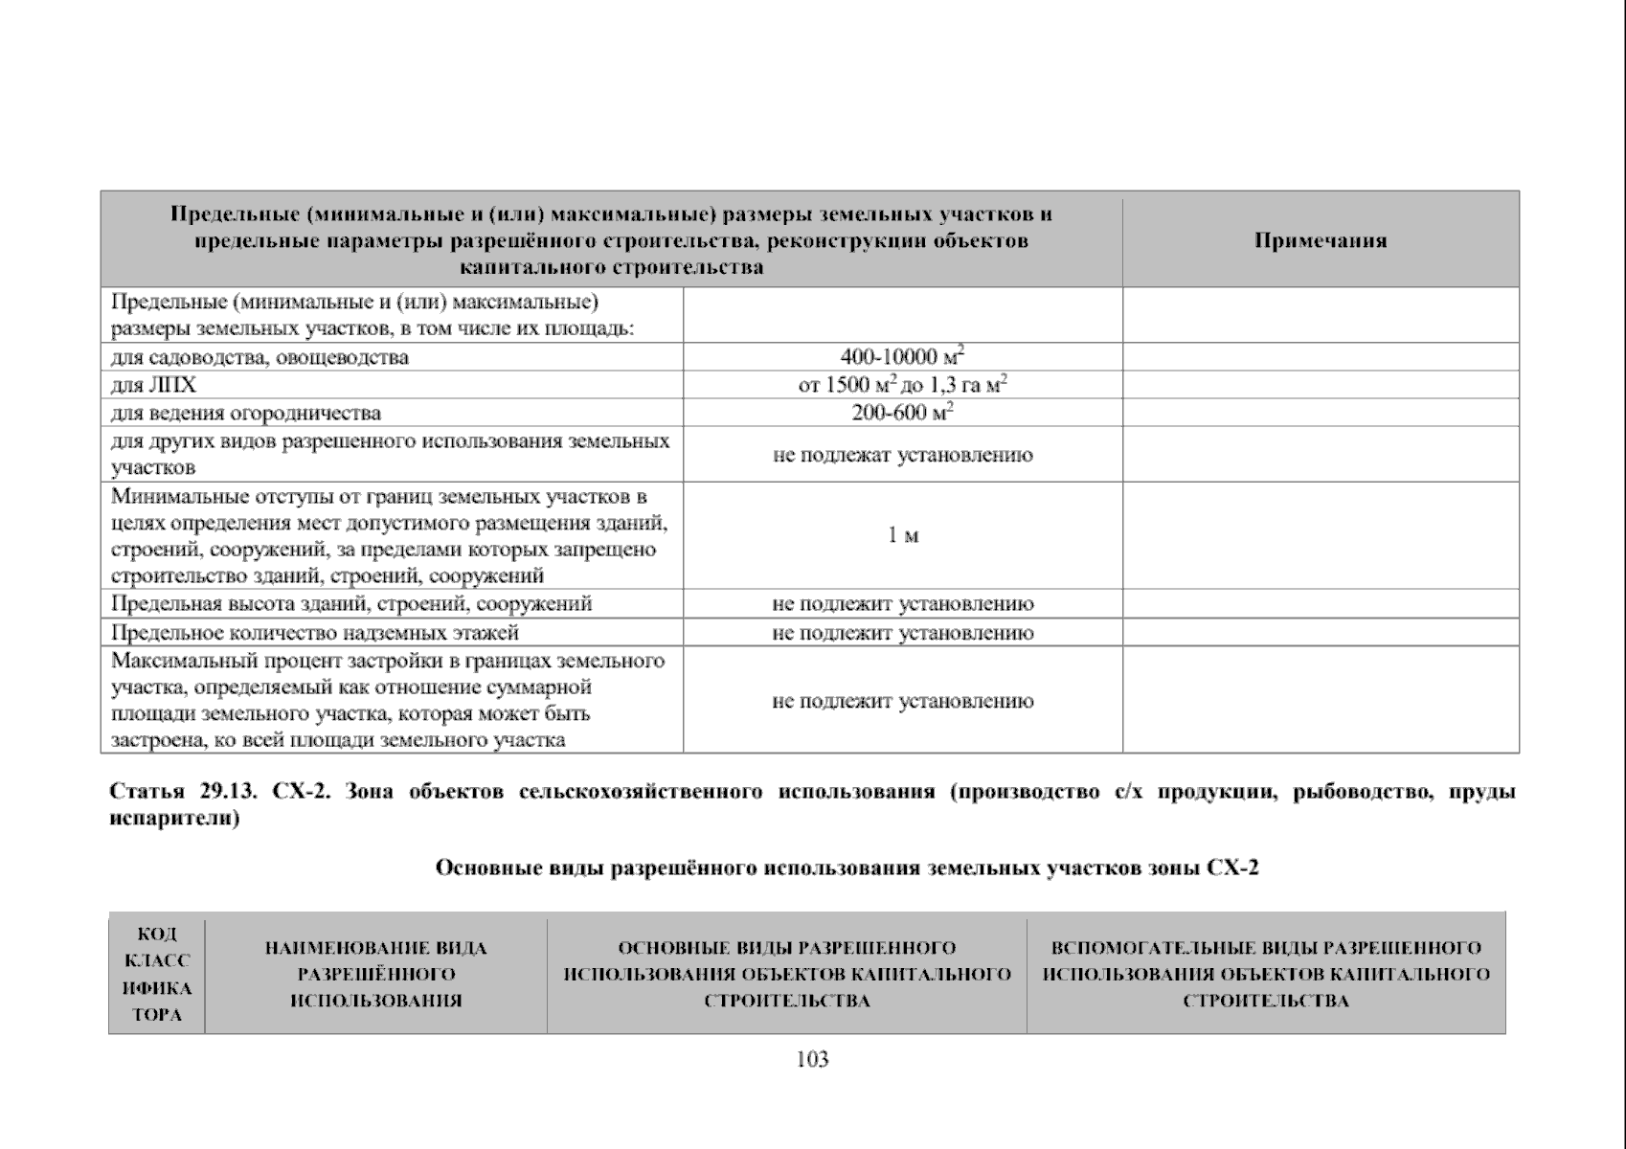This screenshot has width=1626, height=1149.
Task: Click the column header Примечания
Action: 1320,240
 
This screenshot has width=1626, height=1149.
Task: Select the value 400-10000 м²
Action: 902,357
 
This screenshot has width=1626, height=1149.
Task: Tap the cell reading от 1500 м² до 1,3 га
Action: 902,385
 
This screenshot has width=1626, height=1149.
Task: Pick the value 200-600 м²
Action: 902,413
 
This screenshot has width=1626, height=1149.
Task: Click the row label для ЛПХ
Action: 153,385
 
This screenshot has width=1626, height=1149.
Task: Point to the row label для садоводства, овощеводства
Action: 260,357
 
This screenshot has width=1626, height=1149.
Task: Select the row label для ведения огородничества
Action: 246,413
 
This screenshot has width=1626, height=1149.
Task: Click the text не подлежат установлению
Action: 902,455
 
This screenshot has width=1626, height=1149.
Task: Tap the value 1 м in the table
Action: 902,535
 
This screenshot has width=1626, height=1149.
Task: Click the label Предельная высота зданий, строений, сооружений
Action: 351,603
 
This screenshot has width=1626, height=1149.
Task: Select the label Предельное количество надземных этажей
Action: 315,632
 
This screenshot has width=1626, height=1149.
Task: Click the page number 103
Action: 812,1059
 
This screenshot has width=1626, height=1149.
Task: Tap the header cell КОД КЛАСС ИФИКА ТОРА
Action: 157,974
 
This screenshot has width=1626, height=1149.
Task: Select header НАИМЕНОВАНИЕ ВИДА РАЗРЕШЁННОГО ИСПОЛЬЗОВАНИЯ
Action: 375,974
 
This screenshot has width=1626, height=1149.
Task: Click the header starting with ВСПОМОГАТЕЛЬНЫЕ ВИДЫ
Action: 1265,974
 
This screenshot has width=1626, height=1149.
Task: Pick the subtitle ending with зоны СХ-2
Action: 847,867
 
